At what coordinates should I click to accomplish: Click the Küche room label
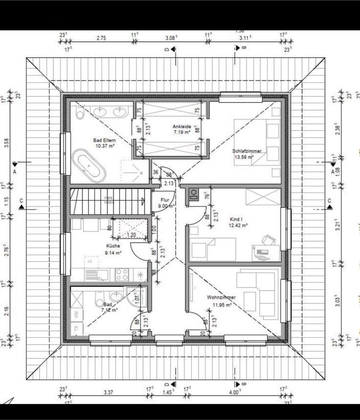coord(113,249)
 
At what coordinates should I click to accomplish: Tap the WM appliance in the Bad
coord(77,315)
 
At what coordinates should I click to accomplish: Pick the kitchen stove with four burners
coord(122,274)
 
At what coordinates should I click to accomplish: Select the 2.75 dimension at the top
coord(101,38)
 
